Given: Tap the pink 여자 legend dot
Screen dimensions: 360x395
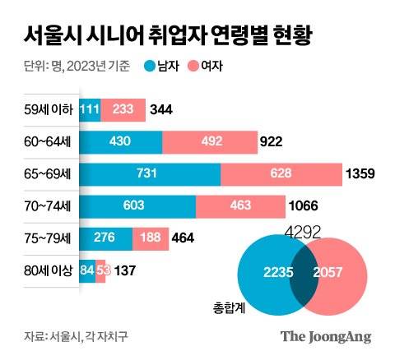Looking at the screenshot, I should pos(193,65).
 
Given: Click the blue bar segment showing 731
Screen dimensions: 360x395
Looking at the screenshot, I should pos(150,174).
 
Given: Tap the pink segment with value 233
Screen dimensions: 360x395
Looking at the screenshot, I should pos(123,110).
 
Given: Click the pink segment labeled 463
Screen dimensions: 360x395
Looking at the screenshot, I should pos(241,206).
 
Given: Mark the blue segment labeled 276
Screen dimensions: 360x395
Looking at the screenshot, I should pos(104,238).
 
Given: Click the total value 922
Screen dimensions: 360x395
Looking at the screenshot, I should pos(272,142).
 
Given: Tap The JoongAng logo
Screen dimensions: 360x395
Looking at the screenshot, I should pos(326,336).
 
